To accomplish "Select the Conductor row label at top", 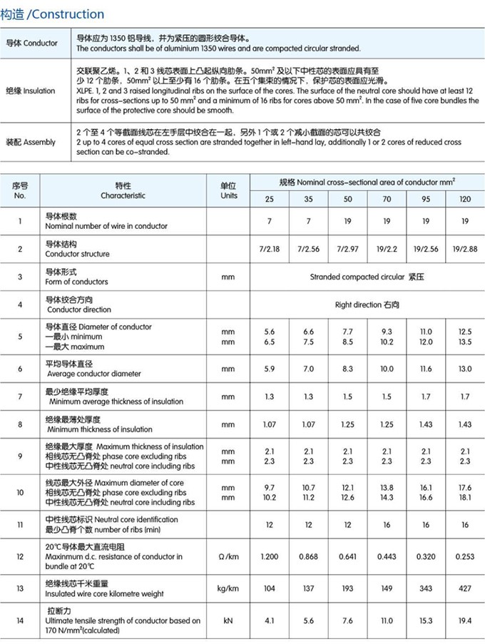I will pos(32,44).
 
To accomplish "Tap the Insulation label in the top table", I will pos(31,91).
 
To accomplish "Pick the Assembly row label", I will pos(31,142).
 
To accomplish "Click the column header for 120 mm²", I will pos(464,198).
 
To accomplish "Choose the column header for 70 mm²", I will pos(387,198).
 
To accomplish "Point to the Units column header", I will pos(228,190).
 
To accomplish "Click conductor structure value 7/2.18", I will pos(270,249).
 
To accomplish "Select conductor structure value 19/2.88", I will pos(464,249).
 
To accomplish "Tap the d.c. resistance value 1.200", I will pos(270,556).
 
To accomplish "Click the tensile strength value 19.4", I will pos(464,621).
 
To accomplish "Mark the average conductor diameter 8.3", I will pos(347,369).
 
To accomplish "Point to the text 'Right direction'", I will pos(359,305).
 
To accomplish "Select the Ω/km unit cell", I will pos(228,556).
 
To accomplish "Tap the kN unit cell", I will pos(228,621).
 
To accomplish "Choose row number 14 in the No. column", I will pos(20,621).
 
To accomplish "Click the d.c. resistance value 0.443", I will pos(387,556).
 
